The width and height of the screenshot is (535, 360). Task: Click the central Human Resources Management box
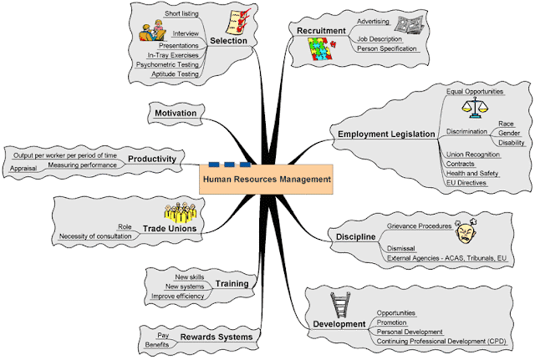[267, 179]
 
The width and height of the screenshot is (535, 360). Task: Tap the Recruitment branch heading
[321, 31]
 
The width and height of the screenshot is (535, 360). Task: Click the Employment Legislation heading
[386, 134]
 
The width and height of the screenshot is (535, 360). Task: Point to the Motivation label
[176, 113]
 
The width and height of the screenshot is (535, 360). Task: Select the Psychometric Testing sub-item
[168, 63]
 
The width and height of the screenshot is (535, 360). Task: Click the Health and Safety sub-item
[472, 173]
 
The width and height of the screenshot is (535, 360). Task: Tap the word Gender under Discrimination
[509, 132]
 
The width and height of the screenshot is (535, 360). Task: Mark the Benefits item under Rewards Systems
[158, 345]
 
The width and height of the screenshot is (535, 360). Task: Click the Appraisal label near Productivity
[23, 168]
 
